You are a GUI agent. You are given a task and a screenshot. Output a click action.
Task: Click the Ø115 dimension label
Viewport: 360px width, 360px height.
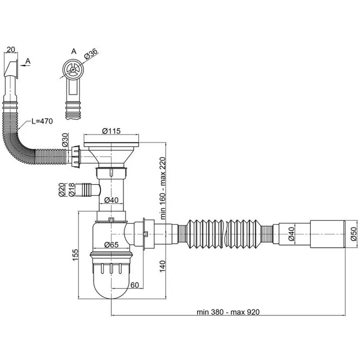point(112,131)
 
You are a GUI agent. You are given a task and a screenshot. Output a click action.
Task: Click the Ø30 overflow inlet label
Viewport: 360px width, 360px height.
point(65,140)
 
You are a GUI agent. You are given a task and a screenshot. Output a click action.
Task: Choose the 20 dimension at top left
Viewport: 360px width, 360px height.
point(12,49)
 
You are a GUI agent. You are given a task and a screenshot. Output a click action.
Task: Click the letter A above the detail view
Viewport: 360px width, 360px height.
point(73,51)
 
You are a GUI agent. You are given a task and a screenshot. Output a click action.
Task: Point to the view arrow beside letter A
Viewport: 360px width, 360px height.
point(24,66)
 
